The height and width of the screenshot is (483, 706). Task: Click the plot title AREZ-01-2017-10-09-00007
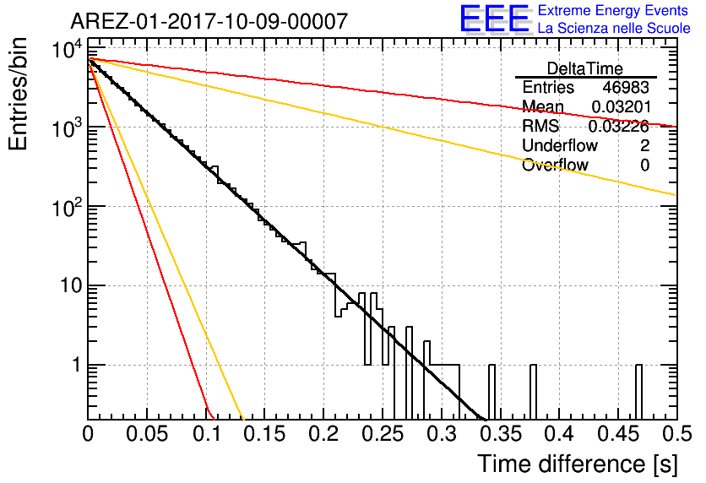click(x=209, y=21)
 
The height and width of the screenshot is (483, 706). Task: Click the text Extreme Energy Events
click(x=614, y=11)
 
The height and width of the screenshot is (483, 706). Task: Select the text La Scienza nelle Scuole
click(x=614, y=29)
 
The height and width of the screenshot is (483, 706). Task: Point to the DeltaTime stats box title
click(x=585, y=68)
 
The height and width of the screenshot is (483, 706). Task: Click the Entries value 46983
click(x=626, y=87)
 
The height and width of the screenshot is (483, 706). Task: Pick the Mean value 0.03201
click(x=620, y=106)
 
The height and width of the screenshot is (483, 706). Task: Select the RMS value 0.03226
click(x=620, y=126)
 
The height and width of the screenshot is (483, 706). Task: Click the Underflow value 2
click(x=644, y=145)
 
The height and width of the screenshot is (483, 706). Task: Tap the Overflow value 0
click(x=644, y=165)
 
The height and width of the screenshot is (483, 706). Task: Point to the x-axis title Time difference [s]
click(x=577, y=463)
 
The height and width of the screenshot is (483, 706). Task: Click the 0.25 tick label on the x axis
click(x=382, y=436)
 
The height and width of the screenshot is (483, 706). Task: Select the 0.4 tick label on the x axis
click(x=558, y=436)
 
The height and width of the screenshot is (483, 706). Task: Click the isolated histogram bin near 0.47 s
click(x=638, y=392)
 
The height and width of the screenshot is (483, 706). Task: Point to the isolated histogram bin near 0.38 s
click(x=533, y=392)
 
